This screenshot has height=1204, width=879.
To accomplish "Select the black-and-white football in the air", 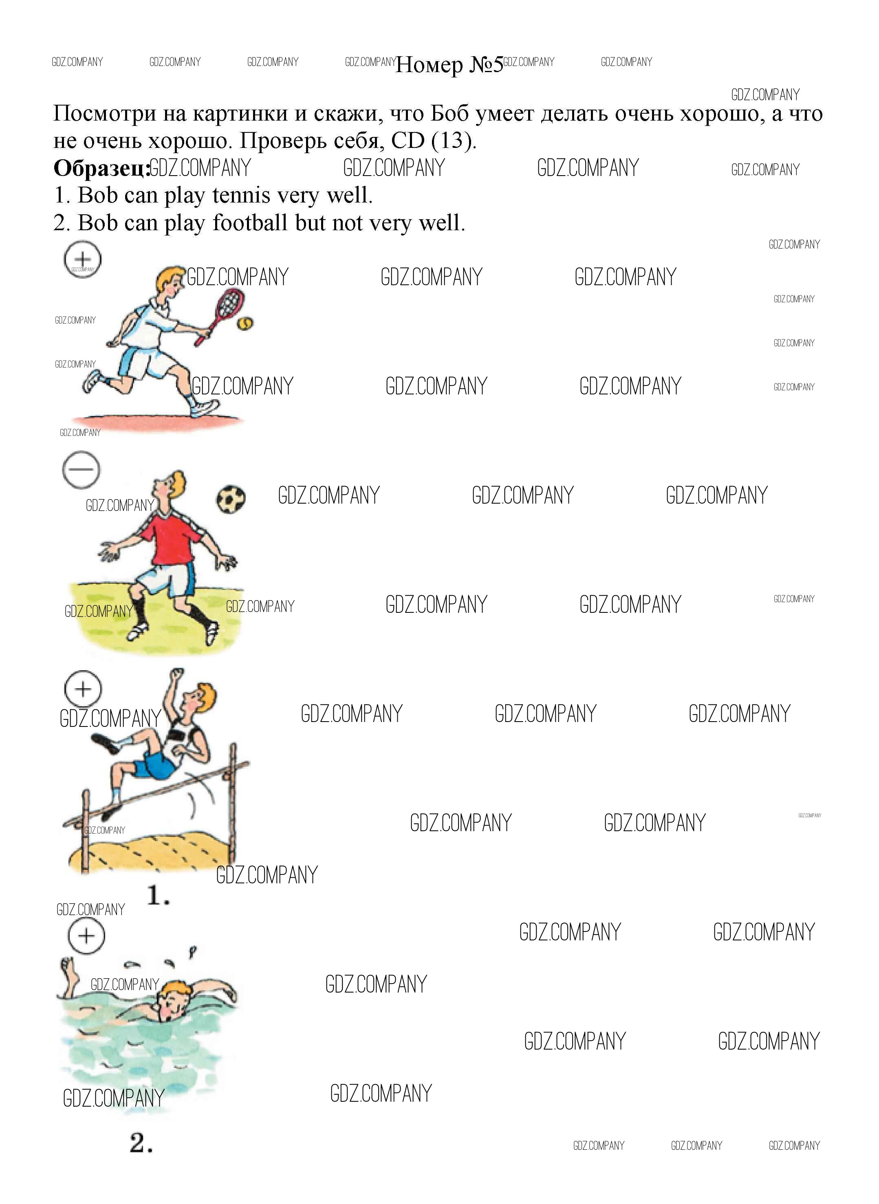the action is [x=231, y=499].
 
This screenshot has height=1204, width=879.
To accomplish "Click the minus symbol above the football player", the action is [x=81, y=470].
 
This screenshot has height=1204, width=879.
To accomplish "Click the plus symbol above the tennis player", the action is [x=82, y=260].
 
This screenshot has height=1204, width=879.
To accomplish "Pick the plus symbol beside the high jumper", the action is [x=82, y=689].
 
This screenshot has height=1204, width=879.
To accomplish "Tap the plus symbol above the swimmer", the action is [x=86, y=935].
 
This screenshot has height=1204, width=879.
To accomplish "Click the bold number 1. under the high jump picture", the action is [x=159, y=896].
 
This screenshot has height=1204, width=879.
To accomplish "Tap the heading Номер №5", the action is [x=449, y=65].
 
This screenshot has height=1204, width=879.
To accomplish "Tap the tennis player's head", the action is [x=171, y=282].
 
